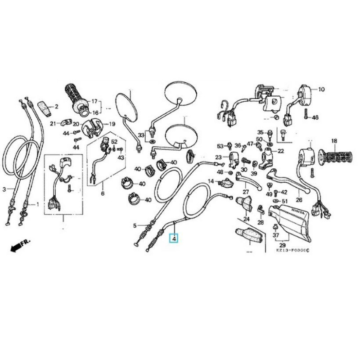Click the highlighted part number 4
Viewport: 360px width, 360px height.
click(x=174, y=238)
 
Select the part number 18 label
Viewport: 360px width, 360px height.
click(x=334, y=141)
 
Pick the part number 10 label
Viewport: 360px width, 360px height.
click(x=321, y=90)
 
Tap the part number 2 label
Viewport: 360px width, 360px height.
click(x=56, y=107)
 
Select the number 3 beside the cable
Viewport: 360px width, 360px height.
click(x=4, y=189)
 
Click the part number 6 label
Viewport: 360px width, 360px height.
click(x=102, y=193)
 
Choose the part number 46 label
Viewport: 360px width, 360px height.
click(x=315, y=117)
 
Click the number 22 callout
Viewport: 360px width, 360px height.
click(x=280, y=151)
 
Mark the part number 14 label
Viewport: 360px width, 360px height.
click(x=210, y=181)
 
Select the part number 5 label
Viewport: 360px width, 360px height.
click(x=134, y=225)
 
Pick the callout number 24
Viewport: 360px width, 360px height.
click(x=246, y=219)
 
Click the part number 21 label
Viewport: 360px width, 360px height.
click(x=53, y=124)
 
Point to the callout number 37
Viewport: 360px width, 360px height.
click(x=275, y=235)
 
